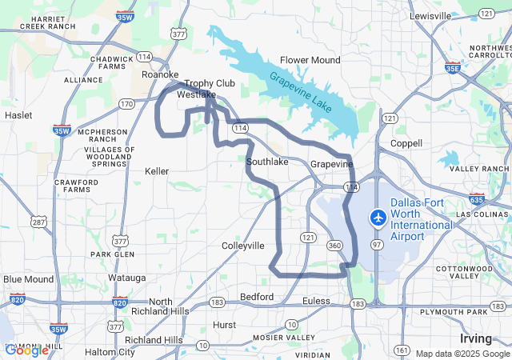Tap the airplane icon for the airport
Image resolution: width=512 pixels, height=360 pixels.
click(x=378, y=217)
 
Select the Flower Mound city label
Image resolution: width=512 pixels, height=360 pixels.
click(x=310, y=60)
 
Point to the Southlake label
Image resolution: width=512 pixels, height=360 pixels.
click(x=267, y=162)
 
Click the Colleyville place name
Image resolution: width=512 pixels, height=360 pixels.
click(x=243, y=246)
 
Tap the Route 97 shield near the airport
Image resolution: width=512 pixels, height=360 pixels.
click(x=375, y=243)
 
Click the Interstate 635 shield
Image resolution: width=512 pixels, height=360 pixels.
click(x=477, y=199)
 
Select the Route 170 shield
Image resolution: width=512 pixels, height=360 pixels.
click(x=127, y=104)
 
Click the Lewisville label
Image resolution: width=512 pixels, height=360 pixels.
click(x=430, y=16)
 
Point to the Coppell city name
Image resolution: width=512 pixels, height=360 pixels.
click(x=406, y=143)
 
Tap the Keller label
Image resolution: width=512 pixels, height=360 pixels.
click(x=157, y=171)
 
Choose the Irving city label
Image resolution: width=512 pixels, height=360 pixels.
click(x=476, y=338)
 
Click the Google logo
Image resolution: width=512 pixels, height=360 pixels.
click(x=26, y=350)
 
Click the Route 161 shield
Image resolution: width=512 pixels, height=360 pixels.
click(x=402, y=350)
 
